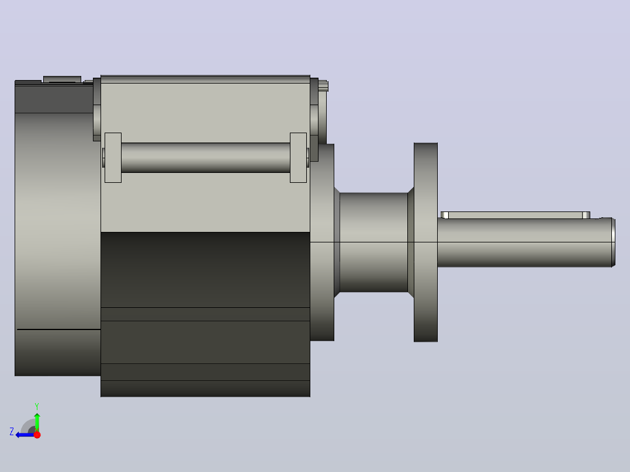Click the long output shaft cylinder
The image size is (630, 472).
[524, 242]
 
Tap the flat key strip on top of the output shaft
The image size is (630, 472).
[515, 216]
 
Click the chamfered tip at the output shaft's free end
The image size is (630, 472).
[614, 242]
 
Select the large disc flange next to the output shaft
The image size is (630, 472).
[425, 242]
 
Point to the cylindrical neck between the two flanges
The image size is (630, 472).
[373, 242]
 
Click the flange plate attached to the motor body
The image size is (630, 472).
[322, 242]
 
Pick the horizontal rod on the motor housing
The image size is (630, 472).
[206, 158]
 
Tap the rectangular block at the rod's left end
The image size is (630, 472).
[113, 158]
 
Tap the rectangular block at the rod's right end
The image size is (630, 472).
[298, 158]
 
